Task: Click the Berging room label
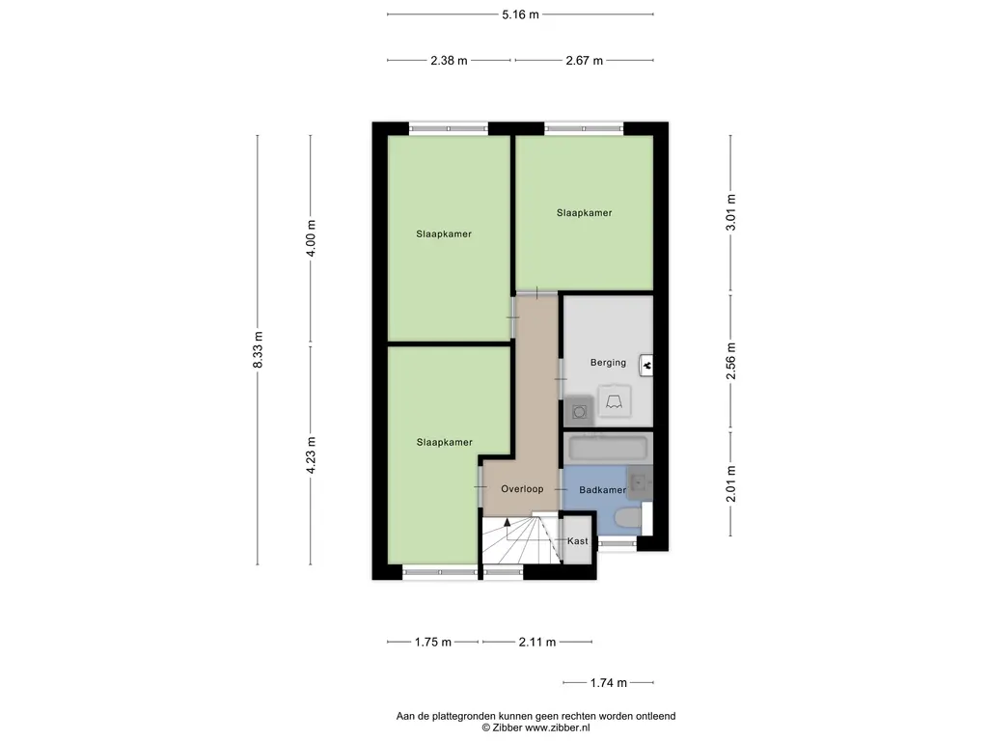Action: (x=608, y=363)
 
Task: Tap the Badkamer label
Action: (x=602, y=490)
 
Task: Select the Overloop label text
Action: (x=521, y=489)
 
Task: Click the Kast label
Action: (x=577, y=541)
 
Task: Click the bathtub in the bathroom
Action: (x=608, y=449)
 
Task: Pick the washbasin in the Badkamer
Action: (x=640, y=480)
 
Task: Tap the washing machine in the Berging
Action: (x=578, y=412)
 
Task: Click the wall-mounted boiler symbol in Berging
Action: (x=648, y=365)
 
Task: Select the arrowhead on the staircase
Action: (x=508, y=523)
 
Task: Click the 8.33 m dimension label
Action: (x=258, y=349)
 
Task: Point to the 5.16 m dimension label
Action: (x=520, y=14)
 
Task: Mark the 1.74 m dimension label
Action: (x=608, y=683)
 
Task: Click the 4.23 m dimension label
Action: (x=311, y=455)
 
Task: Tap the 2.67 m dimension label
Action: (x=584, y=61)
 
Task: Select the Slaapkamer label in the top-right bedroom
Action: (x=584, y=213)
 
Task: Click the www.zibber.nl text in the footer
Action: (x=557, y=728)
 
